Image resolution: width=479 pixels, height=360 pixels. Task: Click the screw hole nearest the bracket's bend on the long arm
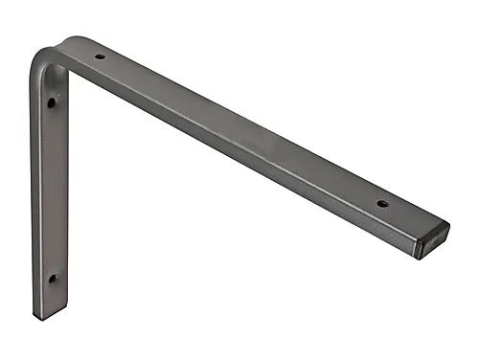coord(100,56)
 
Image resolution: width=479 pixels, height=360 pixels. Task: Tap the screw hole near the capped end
coord(381,203)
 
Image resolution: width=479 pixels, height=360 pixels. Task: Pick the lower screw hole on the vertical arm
coord(52,279)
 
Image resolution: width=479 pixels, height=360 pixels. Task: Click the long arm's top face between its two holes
coord(239,129)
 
